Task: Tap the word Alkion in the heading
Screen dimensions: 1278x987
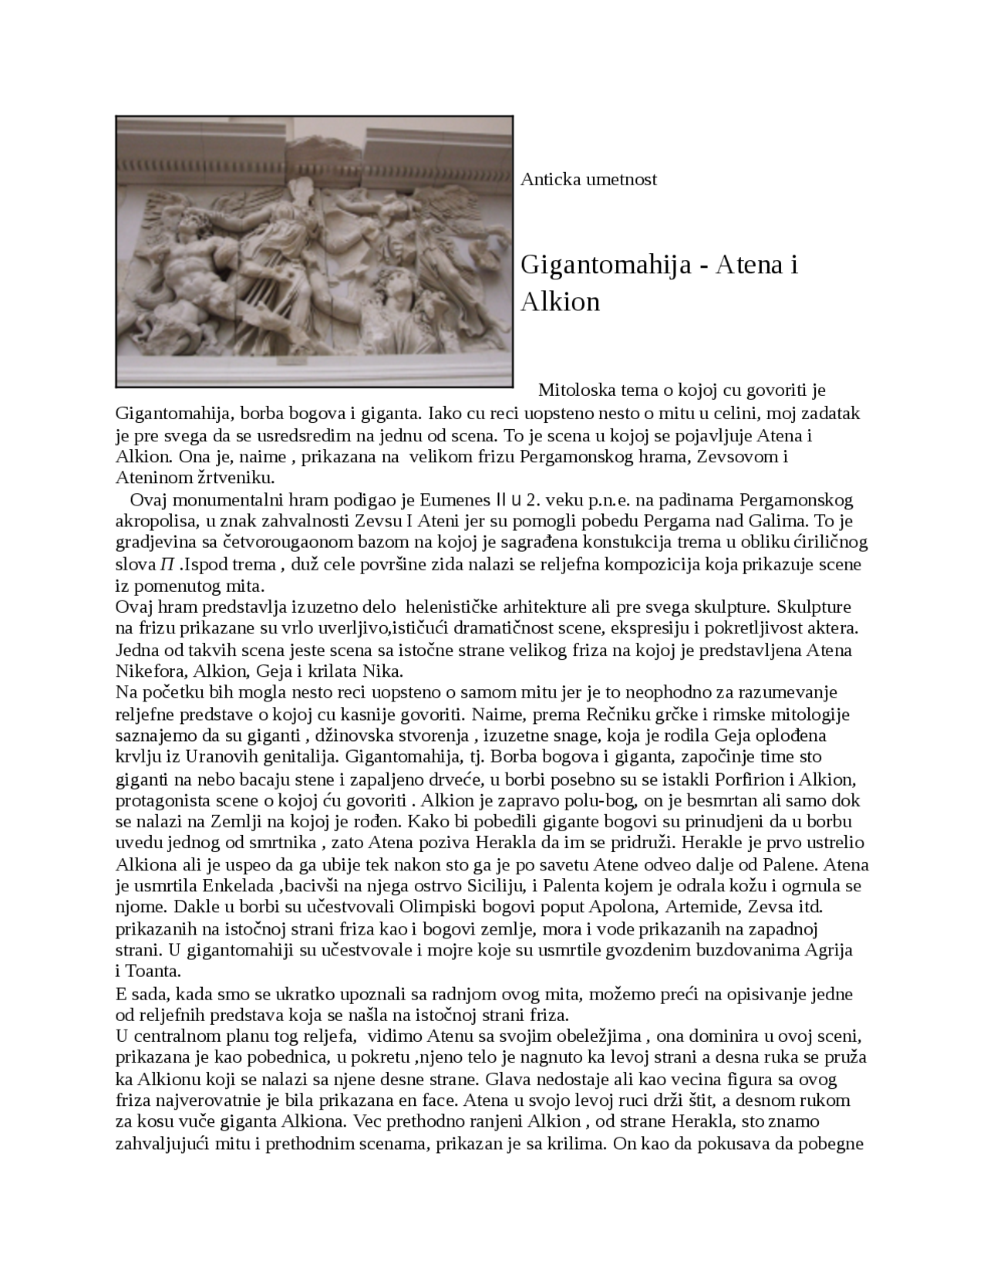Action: pos(560,302)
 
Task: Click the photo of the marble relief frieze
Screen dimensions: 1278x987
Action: pos(314,252)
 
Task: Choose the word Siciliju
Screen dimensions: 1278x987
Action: pos(495,886)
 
